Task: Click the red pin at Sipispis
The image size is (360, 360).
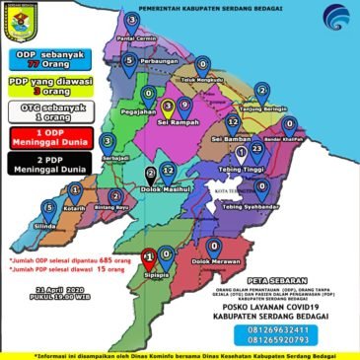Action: point(147,257)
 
